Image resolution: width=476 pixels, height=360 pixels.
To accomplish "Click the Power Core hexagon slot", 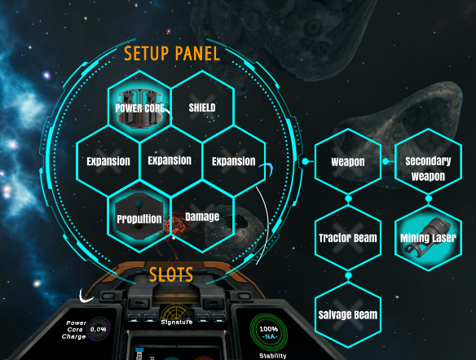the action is click(139, 107).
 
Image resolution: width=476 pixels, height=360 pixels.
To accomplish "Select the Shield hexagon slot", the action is click(202, 107).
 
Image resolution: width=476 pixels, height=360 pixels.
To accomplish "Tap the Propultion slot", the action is click(139, 217).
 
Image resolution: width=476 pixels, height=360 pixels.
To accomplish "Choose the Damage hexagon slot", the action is click(202, 217).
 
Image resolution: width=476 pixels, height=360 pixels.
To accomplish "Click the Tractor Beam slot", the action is click(348, 238).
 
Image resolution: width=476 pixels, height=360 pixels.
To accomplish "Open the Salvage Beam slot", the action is click(348, 315).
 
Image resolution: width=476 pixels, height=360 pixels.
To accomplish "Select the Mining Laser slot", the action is click(428, 238).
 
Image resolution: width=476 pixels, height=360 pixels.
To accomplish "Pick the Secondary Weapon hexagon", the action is click(428, 161).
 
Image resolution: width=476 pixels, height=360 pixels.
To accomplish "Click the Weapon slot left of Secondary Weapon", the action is click(348, 161).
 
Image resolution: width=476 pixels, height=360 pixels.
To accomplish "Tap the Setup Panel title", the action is click(172, 54).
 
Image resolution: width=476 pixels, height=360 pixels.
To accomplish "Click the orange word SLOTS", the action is click(171, 274).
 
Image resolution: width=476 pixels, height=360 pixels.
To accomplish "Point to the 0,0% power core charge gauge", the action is click(99, 329).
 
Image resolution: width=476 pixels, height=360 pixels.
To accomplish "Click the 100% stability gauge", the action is click(269, 332).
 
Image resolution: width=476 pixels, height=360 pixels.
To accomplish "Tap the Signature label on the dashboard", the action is click(177, 322).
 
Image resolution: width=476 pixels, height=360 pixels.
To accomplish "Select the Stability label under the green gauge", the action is click(272, 356).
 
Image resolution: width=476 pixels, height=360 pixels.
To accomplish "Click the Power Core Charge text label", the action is click(74, 330).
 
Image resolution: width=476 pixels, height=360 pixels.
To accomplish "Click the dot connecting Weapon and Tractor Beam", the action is click(348, 199).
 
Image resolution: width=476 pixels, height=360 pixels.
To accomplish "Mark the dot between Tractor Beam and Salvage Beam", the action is click(348, 275).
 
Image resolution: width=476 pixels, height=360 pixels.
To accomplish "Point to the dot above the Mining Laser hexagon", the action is click(429, 199).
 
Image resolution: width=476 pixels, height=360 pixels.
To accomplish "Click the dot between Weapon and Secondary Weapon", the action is click(386, 161).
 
